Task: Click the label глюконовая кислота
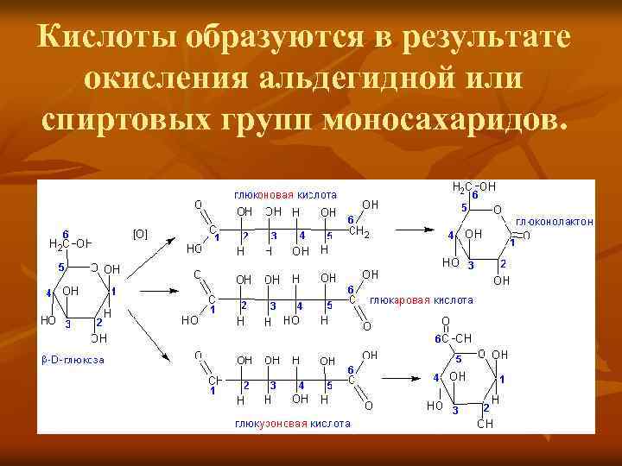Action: pyautogui.click(x=285, y=194)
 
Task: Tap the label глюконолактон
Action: pyautogui.click(x=554, y=222)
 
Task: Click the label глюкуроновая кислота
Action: pyautogui.click(x=292, y=424)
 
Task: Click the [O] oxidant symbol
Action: pyautogui.click(x=140, y=233)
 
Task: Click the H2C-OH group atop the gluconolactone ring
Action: pyautogui.click(x=473, y=186)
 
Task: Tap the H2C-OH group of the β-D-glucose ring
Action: pyautogui.click(x=71, y=242)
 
